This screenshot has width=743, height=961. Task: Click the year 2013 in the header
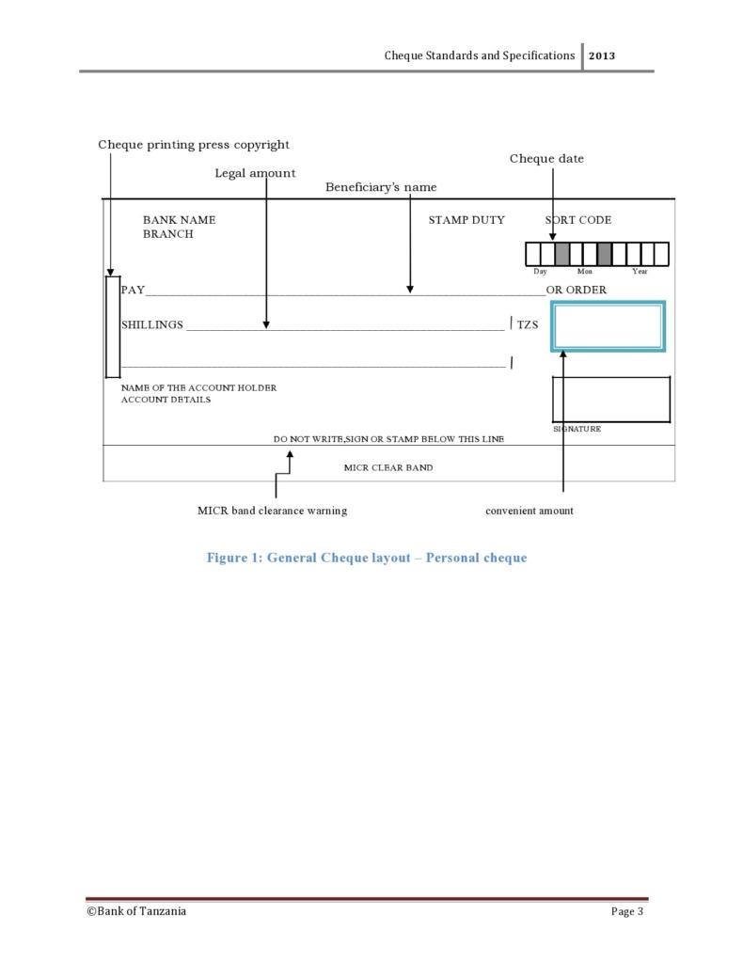[602, 55]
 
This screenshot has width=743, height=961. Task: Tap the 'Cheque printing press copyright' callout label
[194, 145]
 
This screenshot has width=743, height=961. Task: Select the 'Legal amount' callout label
[255, 173]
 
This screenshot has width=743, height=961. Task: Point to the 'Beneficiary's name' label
[381, 187]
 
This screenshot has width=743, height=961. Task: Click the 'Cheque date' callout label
[546, 159]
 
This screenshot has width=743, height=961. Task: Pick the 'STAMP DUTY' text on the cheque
[466, 220]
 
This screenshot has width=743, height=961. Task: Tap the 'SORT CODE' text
[578, 220]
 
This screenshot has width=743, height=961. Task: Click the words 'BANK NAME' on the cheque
[179, 220]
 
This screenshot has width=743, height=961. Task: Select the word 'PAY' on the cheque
[133, 290]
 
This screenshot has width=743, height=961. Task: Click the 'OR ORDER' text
[577, 290]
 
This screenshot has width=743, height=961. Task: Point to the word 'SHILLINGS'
[152, 324]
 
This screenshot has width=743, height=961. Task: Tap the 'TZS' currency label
[528, 324]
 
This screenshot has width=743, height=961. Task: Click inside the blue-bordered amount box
[608, 326]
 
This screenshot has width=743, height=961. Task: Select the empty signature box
[610, 400]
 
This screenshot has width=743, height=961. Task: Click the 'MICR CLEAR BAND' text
[388, 467]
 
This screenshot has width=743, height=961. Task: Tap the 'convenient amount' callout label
[529, 511]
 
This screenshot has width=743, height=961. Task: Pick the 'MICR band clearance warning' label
[272, 511]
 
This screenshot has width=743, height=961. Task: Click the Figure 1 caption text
[367, 558]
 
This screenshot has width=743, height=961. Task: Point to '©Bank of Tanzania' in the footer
[136, 911]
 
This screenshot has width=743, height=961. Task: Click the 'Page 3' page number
[627, 911]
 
